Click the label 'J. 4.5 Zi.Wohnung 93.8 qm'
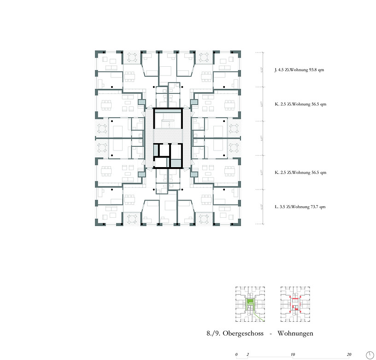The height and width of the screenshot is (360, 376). tap(300, 70)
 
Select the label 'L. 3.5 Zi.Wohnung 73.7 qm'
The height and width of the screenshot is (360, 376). tap(300, 207)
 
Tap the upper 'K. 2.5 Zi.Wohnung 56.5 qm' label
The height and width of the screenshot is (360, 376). tap(300, 105)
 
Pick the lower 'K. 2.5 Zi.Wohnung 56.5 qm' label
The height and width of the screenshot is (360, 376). tap(300, 173)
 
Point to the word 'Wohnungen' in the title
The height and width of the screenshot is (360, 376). tap(295, 333)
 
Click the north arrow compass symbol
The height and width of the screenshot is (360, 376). tap(369, 354)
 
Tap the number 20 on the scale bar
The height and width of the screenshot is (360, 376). tap(349, 355)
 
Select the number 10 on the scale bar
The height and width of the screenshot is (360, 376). tap(293, 355)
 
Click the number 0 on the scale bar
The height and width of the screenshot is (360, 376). tap(236, 355)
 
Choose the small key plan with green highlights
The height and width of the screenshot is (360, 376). tap(251, 303)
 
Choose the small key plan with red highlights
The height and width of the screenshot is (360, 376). tap(295, 303)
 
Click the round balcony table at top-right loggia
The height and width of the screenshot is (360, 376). tap(203, 57)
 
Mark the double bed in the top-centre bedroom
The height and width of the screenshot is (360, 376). tap(167, 70)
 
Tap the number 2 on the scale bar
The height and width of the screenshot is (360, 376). tap(248, 355)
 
